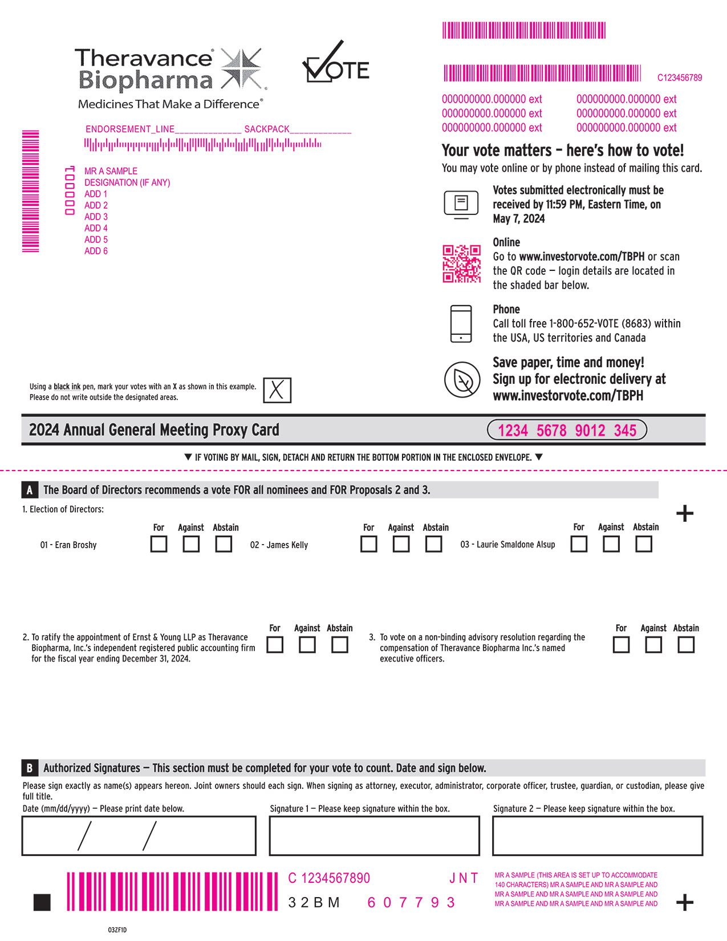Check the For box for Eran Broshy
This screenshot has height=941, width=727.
click(x=159, y=544)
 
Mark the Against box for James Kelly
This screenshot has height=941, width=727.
click(x=401, y=544)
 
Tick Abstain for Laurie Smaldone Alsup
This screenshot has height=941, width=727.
click(x=644, y=544)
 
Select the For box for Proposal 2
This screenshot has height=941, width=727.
click(x=275, y=644)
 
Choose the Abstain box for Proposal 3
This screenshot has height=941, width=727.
click(x=686, y=644)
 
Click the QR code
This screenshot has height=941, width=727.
click(x=461, y=263)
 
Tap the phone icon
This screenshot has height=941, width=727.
click(x=461, y=323)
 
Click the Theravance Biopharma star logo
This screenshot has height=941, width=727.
click(x=242, y=69)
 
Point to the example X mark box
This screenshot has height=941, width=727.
click(x=277, y=390)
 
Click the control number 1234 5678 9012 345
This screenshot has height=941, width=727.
click(x=567, y=430)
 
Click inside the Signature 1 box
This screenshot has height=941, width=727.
click(x=374, y=835)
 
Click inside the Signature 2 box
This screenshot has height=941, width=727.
click(x=597, y=835)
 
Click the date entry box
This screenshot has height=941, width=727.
click(x=139, y=835)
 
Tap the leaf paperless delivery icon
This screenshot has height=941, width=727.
click(x=462, y=379)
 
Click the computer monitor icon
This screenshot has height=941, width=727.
click(x=461, y=204)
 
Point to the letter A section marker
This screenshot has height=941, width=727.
click(x=30, y=490)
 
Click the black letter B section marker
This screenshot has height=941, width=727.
click(x=30, y=768)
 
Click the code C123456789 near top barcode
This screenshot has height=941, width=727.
click(x=680, y=78)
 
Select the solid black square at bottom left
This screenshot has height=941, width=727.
click(x=42, y=902)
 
